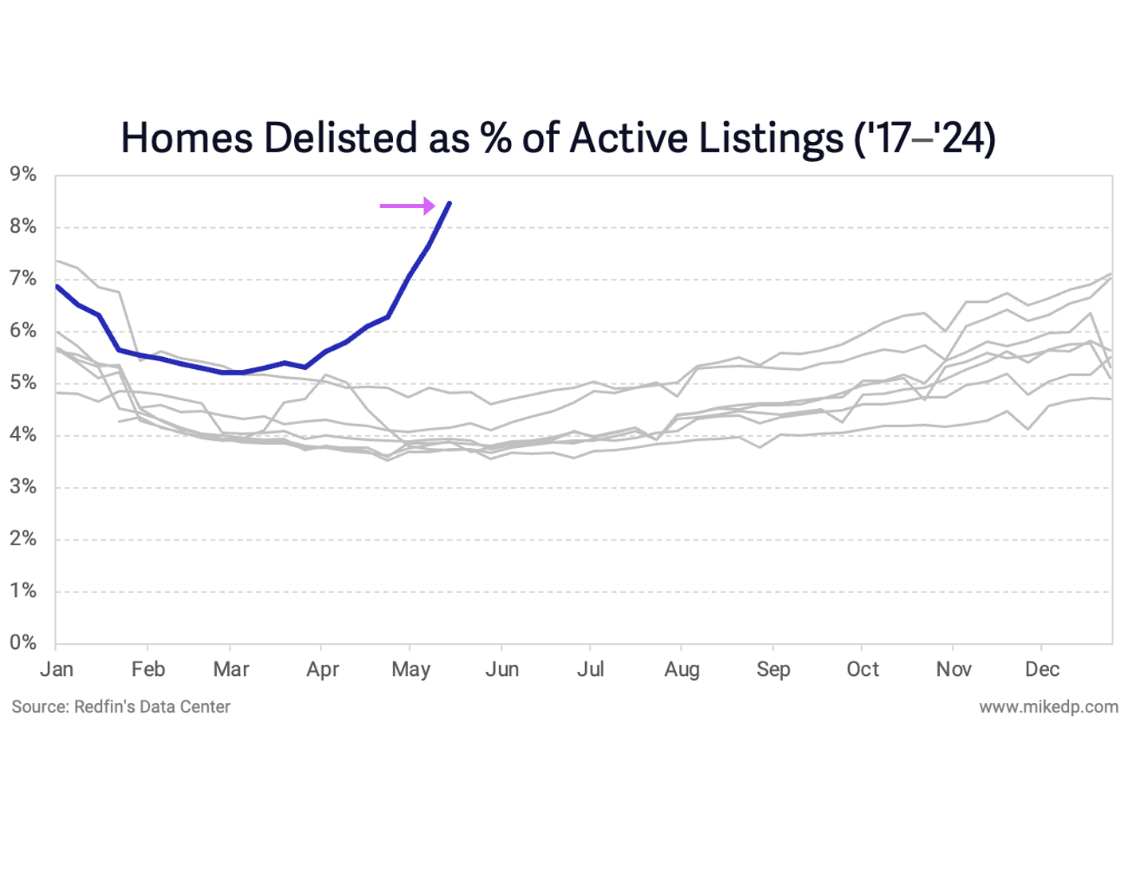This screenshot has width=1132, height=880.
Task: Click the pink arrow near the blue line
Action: (x=407, y=206)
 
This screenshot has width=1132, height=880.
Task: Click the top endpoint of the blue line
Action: (x=450, y=203)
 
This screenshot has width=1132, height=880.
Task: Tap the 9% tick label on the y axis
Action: (x=23, y=175)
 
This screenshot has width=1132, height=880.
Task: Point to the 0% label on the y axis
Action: (x=23, y=642)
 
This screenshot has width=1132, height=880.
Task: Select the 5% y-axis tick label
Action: (x=23, y=383)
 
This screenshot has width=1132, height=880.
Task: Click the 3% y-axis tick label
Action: (x=23, y=486)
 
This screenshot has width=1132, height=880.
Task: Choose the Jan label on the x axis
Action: (x=57, y=669)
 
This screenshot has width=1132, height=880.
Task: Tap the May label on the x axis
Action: (x=411, y=669)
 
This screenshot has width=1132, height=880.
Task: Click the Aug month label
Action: (x=682, y=669)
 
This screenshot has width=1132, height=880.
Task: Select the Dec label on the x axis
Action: (x=1042, y=669)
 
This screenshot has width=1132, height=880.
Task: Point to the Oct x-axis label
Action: (x=863, y=669)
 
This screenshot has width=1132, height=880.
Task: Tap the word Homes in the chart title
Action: (x=187, y=138)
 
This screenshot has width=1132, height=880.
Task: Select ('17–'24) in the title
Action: (x=925, y=138)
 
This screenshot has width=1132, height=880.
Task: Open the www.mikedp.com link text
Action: (x=1048, y=707)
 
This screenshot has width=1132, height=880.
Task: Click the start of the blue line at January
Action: (x=57, y=285)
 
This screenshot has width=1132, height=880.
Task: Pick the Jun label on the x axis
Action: (x=502, y=669)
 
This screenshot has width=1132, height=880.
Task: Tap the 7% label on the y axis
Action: (x=23, y=278)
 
